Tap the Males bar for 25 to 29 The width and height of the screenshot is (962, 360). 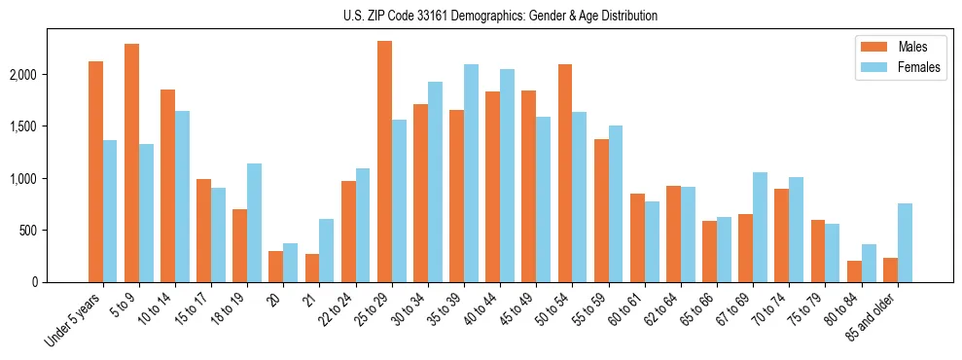[x=384, y=162]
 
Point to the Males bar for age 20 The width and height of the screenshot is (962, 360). [x=276, y=267]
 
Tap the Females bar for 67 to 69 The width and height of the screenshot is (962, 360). [x=761, y=228]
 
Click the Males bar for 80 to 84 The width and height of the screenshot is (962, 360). [x=854, y=271]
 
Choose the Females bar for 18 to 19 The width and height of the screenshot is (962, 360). [x=254, y=223]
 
